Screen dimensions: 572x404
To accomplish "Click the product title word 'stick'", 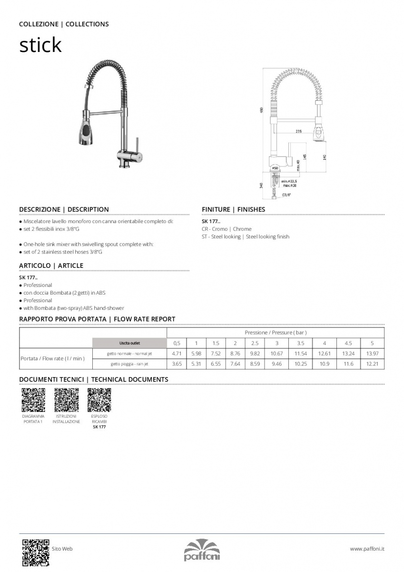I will [40, 45].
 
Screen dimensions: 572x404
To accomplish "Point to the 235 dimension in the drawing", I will [298, 131].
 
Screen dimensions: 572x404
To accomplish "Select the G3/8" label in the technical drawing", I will [286, 195].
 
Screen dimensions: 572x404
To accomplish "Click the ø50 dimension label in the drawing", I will [275, 168].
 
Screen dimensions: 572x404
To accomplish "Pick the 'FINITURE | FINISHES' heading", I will [233, 209].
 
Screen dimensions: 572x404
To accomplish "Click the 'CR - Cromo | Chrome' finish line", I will [227, 229].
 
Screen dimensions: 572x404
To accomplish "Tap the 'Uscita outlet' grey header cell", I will [129, 343].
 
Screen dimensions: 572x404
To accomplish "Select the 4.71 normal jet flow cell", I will [177, 354].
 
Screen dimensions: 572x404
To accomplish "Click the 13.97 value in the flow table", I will [372, 354].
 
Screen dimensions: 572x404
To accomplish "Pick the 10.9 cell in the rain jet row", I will [324, 364].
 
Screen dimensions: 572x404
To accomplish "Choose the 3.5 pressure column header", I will [300, 343].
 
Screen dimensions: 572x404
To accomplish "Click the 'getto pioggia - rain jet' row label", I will [129, 364].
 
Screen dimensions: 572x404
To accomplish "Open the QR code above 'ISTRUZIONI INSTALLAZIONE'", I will [66, 400].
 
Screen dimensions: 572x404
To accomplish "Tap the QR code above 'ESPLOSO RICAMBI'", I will [99, 400].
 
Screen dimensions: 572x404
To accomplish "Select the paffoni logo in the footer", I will [202, 551].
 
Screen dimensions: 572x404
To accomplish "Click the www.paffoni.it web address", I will [367, 549].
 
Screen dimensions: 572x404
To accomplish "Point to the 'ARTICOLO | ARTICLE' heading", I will [51, 266].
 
